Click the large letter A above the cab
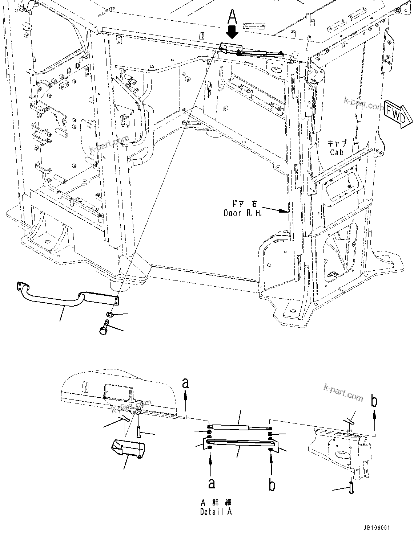(232, 17)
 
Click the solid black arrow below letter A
(232, 33)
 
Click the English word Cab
(337, 152)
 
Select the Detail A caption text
(216, 512)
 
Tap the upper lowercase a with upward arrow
(186, 383)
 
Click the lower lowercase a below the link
(211, 483)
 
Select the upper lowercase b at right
(374, 401)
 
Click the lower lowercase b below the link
(272, 485)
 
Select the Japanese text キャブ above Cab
(337, 143)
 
